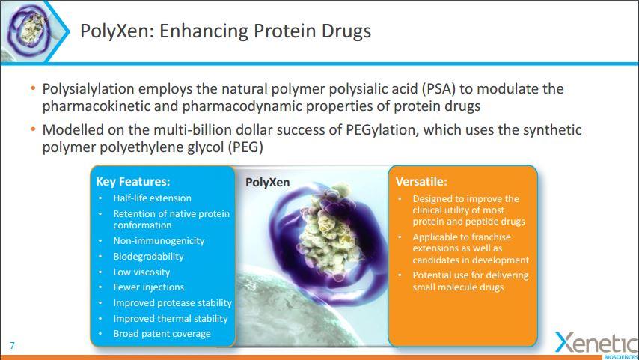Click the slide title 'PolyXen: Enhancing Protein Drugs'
(225, 31)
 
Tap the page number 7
(12, 345)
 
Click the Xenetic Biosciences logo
(596, 344)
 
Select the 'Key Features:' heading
(132, 181)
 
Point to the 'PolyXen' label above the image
(267, 182)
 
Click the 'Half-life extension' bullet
(152, 198)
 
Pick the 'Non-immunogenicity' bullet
(159, 241)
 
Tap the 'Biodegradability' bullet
(148, 256)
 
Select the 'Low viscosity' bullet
(141, 272)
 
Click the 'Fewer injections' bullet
(148, 287)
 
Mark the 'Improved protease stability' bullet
(172, 303)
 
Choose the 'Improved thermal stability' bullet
(171, 318)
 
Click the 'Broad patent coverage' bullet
(162, 334)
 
